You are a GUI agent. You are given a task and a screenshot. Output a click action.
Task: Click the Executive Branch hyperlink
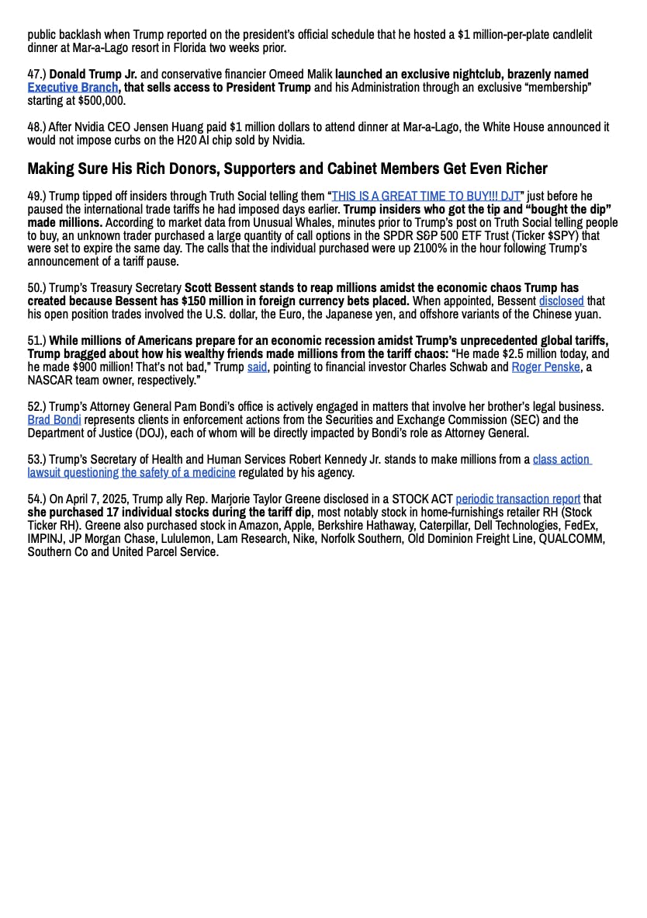click(73, 88)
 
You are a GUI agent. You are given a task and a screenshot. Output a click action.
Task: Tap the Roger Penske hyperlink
click(545, 367)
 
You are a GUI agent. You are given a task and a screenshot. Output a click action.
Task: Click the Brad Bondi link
click(54, 420)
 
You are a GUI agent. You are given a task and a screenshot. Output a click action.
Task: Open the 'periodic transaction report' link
click(517, 499)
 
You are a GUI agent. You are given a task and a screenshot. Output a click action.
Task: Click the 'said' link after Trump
click(257, 367)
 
